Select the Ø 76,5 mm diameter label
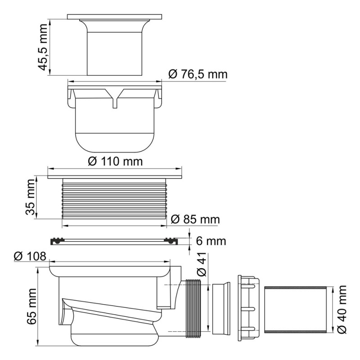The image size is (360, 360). pyautogui.click(x=198, y=74)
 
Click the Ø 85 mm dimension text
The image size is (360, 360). pyautogui.click(x=195, y=220)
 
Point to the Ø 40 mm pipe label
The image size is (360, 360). pyautogui.click(x=343, y=309)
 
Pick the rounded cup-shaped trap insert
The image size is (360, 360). pyautogui.click(x=115, y=128)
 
